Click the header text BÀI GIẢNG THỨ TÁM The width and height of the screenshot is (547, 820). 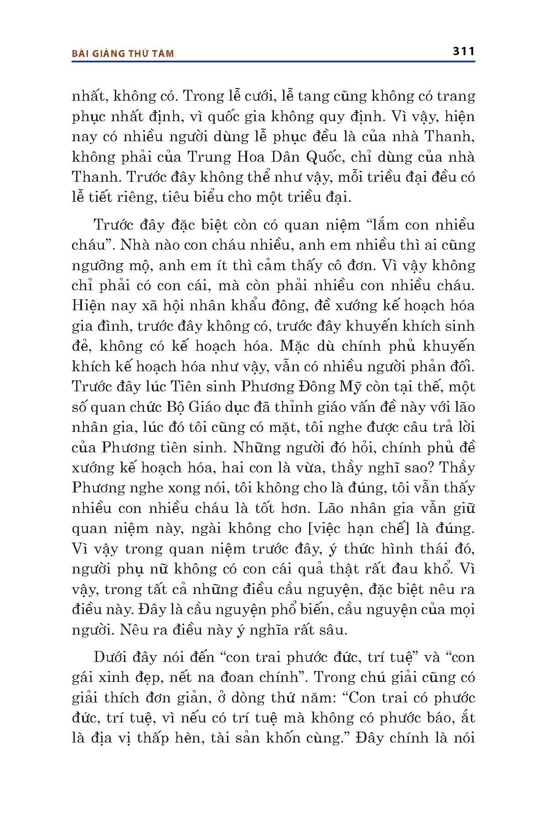click(123, 54)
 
